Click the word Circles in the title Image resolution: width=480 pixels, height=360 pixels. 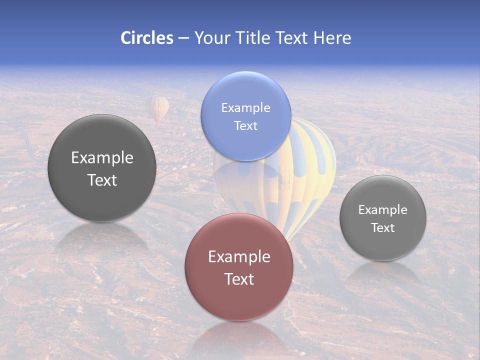147,38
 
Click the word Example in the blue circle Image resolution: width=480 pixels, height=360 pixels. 245,107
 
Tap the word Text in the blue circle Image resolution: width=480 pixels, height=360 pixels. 245,125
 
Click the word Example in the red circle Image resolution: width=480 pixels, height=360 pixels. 239,256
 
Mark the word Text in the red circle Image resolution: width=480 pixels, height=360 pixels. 239,279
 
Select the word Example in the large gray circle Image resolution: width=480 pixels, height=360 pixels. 102,157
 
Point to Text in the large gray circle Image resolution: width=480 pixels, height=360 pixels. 102,180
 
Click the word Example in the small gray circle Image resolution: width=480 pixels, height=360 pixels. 383,209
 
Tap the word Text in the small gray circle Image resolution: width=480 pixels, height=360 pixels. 383,227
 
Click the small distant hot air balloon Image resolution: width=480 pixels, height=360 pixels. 157,108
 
